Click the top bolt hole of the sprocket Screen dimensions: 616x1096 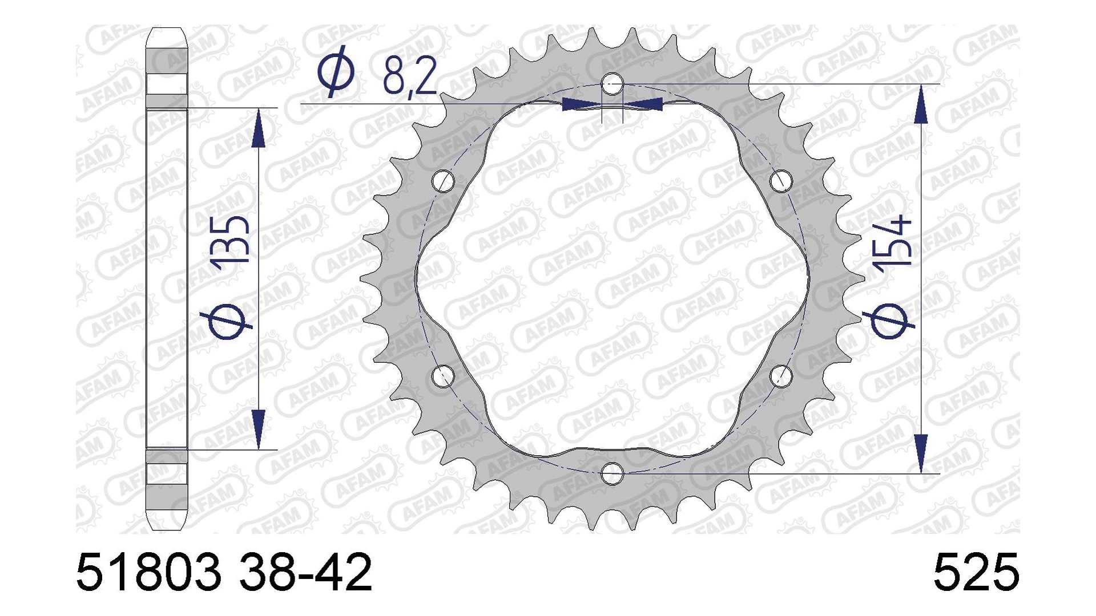coord(612,83)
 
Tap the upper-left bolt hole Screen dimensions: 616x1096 coord(444,181)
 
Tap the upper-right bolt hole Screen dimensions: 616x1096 coord(781,181)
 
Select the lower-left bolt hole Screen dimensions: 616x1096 coord(444,376)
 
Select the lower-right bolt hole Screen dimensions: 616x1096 coord(781,376)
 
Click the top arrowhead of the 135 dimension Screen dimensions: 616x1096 coord(259,128)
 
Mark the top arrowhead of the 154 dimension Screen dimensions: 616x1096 coord(920,107)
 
